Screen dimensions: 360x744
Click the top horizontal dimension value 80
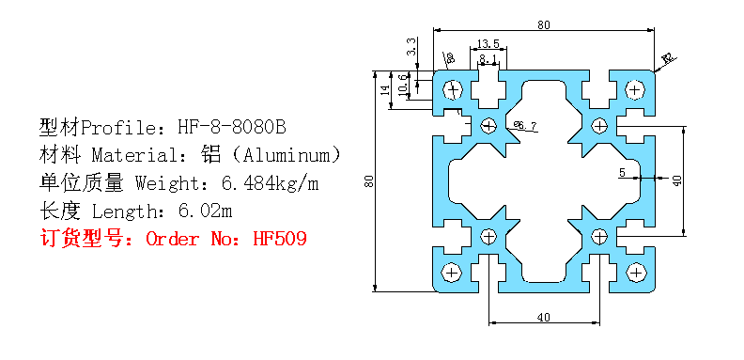click(544, 24)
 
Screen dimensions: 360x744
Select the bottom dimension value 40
click(543, 317)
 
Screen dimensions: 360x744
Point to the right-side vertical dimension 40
click(676, 180)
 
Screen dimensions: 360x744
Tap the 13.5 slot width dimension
click(488, 43)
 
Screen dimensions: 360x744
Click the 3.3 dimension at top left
click(411, 44)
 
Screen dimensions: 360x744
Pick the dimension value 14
click(384, 90)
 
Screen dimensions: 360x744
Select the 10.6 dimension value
click(404, 85)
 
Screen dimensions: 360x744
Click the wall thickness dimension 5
click(622, 173)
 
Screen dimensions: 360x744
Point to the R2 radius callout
click(668, 60)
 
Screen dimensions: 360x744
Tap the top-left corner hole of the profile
click(454, 90)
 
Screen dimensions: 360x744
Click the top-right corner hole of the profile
click(635, 90)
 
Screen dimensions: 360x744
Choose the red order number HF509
click(280, 238)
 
